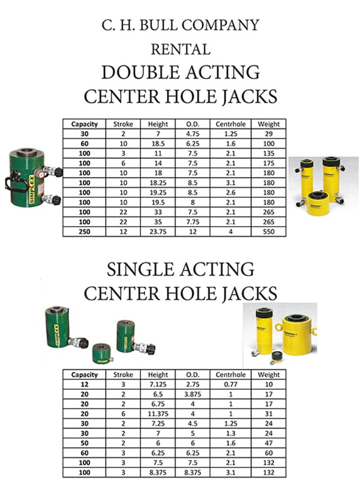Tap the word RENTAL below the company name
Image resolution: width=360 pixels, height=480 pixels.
(181, 49)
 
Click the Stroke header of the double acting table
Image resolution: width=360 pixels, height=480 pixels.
(123, 124)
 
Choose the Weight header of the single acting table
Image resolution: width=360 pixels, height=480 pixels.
(268, 374)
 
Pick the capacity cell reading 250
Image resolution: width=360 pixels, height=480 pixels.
(85, 232)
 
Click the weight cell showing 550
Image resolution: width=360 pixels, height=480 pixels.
(268, 232)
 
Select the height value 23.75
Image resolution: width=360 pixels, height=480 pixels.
(158, 232)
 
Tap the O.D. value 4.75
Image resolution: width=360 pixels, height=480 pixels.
(193, 134)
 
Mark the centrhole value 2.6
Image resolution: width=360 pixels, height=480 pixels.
(230, 193)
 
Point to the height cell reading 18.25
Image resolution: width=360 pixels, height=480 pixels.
(158, 183)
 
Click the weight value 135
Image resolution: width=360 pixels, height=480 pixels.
(268, 154)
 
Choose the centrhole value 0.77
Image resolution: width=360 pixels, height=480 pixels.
(230, 385)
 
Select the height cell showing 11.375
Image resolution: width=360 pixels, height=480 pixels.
(158, 414)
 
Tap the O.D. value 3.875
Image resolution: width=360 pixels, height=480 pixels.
(193, 394)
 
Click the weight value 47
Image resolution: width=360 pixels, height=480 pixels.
(268, 443)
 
